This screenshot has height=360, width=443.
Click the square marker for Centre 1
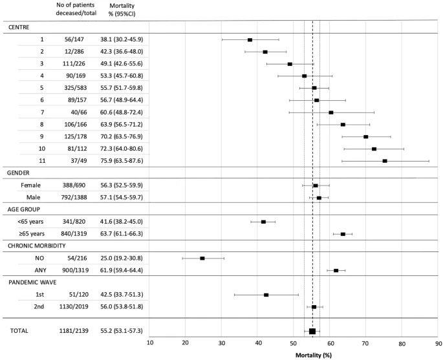pos(250,39)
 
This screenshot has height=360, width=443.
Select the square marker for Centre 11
pos(385,161)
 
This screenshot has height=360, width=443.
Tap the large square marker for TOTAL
pos(312,331)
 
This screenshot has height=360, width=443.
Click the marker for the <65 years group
pos(263,222)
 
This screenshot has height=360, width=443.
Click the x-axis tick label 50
pos(294,344)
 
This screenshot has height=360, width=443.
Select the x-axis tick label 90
pos(438,344)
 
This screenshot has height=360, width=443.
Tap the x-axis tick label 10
pos(150,344)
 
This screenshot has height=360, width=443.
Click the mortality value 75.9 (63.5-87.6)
pos(122,161)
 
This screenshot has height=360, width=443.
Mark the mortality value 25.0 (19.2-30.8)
pos(122,258)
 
